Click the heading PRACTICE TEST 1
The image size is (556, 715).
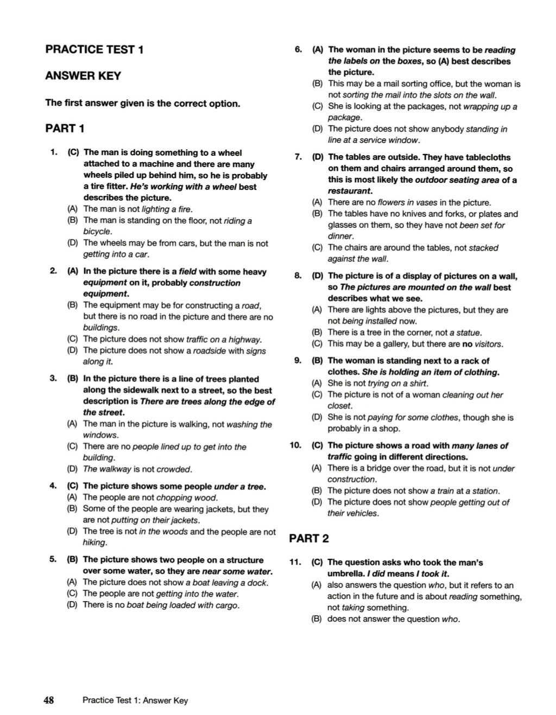pyautogui.click(x=94, y=49)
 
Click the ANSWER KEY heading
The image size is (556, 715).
pyautogui.click(x=83, y=76)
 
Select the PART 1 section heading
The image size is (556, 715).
pyautogui.click(x=65, y=129)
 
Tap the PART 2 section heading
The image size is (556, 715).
pyautogui.click(x=309, y=538)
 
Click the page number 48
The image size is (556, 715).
pyautogui.click(x=49, y=700)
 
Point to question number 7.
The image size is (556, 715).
pyautogui.click(x=298, y=157)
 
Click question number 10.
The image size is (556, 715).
pyautogui.click(x=295, y=445)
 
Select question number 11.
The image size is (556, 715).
pyautogui.click(x=295, y=563)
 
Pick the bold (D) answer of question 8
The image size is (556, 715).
pyautogui.click(x=318, y=276)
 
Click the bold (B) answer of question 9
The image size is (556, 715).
pyautogui.click(x=317, y=360)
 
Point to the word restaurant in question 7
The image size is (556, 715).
pyautogui.click(x=349, y=191)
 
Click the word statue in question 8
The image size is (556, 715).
pyautogui.click(x=469, y=333)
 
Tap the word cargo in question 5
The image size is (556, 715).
pyautogui.click(x=227, y=605)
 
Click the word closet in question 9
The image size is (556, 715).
pyautogui.click(x=339, y=406)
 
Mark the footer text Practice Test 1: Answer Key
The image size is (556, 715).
pyautogui.click(x=135, y=700)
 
